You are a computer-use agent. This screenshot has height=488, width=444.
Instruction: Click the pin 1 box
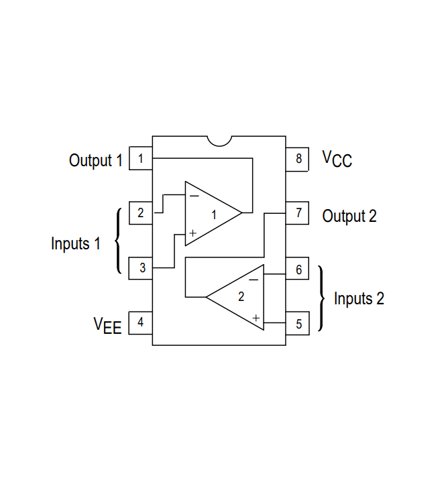[141, 159]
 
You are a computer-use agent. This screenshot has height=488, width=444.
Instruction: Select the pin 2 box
[141, 213]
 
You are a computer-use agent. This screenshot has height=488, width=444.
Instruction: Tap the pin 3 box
[141, 268]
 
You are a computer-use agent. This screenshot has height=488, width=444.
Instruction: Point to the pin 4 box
[141, 322]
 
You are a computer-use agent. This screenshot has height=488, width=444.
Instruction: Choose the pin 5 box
[298, 324]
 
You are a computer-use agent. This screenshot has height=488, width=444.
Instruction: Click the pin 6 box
[298, 270]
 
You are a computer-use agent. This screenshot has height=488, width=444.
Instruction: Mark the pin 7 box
[298, 214]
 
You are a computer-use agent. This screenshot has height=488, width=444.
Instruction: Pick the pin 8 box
[298, 159]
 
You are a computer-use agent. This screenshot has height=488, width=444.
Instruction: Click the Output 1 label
[96, 161]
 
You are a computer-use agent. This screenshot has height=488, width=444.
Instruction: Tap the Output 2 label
[349, 216]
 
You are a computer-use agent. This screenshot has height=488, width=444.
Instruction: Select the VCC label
[337, 159]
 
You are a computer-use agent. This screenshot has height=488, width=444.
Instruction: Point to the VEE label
[107, 325]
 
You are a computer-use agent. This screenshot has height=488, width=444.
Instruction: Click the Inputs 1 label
[75, 243]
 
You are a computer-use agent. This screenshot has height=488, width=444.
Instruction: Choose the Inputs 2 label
[359, 298]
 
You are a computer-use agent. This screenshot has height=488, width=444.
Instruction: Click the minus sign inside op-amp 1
[193, 196]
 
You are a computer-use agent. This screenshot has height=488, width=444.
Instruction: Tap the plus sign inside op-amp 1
[192, 233]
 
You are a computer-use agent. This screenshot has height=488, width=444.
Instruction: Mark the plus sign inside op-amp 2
[256, 317]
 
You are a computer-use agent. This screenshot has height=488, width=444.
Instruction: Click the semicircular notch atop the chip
[219, 139]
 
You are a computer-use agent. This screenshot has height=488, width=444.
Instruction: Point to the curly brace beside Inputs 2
[323, 298]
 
